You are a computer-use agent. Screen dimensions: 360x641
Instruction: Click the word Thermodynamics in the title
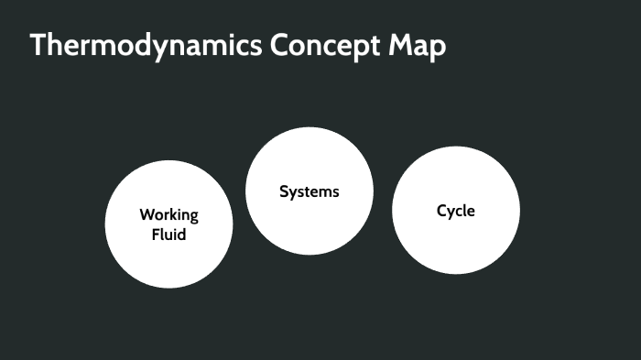pyautogui.click(x=146, y=47)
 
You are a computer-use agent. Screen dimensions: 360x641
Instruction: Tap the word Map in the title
pyautogui.click(x=422, y=47)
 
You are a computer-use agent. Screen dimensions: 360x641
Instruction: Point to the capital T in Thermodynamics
pyautogui.click(x=38, y=46)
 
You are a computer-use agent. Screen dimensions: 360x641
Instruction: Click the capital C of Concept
pyautogui.click(x=280, y=46)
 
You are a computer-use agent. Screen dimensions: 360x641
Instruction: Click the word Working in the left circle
pyautogui.click(x=168, y=215)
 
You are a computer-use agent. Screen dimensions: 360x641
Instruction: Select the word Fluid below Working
pyautogui.click(x=168, y=235)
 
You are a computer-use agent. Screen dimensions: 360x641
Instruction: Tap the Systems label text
pyautogui.click(x=310, y=191)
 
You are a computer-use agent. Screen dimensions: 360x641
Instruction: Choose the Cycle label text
pyautogui.click(x=456, y=211)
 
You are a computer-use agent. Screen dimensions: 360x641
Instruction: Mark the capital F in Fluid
pyautogui.click(x=155, y=235)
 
